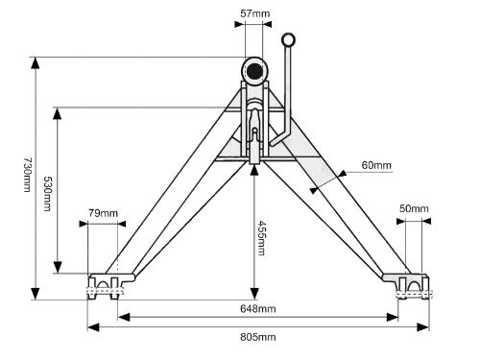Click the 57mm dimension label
point(255,13)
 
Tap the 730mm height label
point(28,175)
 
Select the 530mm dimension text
point(47,194)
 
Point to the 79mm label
point(103,213)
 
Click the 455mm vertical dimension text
point(262,238)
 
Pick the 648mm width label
point(258,309)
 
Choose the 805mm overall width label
point(258,337)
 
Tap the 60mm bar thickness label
point(376,165)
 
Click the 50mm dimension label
point(414,208)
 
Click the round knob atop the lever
point(288,40)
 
